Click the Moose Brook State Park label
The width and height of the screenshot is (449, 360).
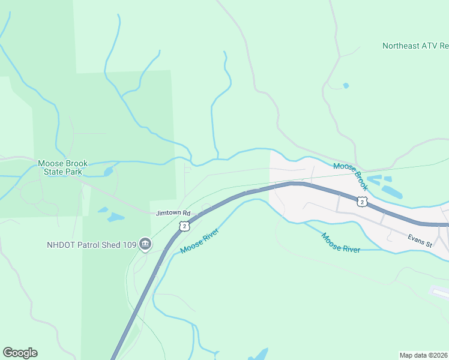(62, 167)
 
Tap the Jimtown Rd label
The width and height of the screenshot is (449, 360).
(173, 213)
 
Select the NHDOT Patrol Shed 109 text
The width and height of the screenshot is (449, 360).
(91, 245)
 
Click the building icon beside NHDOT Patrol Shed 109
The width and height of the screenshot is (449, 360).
(145, 244)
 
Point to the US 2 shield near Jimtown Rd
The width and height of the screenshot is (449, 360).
(184, 226)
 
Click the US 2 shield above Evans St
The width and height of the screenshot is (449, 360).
(361, 202)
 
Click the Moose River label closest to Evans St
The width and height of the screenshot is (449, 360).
(341, 242)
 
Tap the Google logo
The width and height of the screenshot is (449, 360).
(20, 353)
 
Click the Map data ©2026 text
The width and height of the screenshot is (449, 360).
(424, 355)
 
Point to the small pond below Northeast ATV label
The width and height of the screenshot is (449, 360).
(346, 86)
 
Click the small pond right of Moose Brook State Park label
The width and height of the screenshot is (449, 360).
(108, 172)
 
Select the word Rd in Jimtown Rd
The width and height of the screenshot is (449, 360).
(186, 213)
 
